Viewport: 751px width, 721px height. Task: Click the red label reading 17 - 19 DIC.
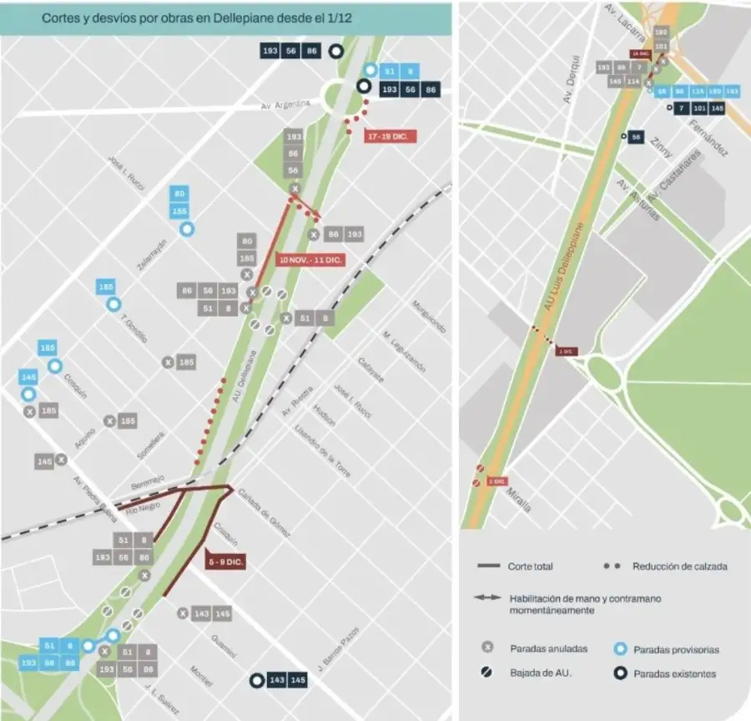390,135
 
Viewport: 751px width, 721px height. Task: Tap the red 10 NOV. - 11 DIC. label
310,260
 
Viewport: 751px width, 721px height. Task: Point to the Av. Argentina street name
285,104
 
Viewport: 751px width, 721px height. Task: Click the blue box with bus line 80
179,194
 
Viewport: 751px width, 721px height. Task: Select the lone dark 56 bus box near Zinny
636,137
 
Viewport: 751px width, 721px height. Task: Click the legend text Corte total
530,566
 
